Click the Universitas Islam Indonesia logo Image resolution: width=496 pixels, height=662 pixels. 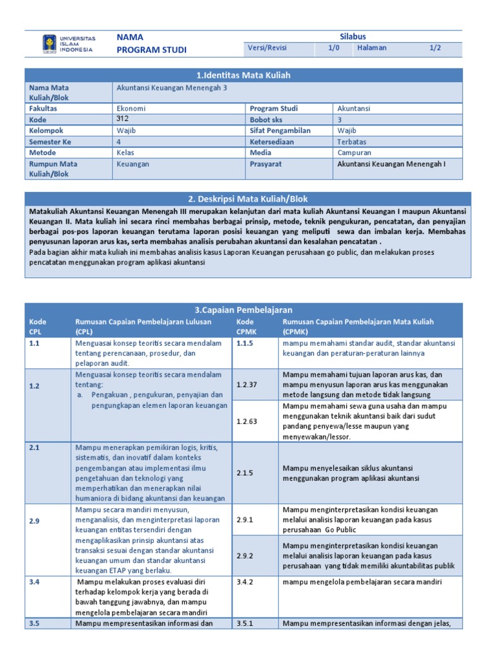[68, 43]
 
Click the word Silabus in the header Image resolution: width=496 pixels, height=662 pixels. [353, 36]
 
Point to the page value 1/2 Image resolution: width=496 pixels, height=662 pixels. [436, 48]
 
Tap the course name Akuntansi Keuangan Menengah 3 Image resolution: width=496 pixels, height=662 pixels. [172, 87]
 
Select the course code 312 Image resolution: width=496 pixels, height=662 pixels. [123, 119]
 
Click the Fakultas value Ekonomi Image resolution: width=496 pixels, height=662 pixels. [131, 109]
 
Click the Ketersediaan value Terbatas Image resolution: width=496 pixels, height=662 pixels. [353, 142]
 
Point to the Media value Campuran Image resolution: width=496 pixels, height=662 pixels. [355, 153]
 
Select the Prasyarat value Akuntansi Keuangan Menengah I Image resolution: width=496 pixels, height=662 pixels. [391, 164]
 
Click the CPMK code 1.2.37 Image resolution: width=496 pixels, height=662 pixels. [246, 385]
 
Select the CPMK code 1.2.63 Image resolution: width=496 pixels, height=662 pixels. [246, 421]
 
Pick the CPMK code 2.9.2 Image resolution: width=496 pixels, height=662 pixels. [245, 555]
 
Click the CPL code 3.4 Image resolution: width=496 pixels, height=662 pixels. [34, 582]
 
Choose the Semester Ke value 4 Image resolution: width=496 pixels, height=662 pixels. [118, 142]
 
